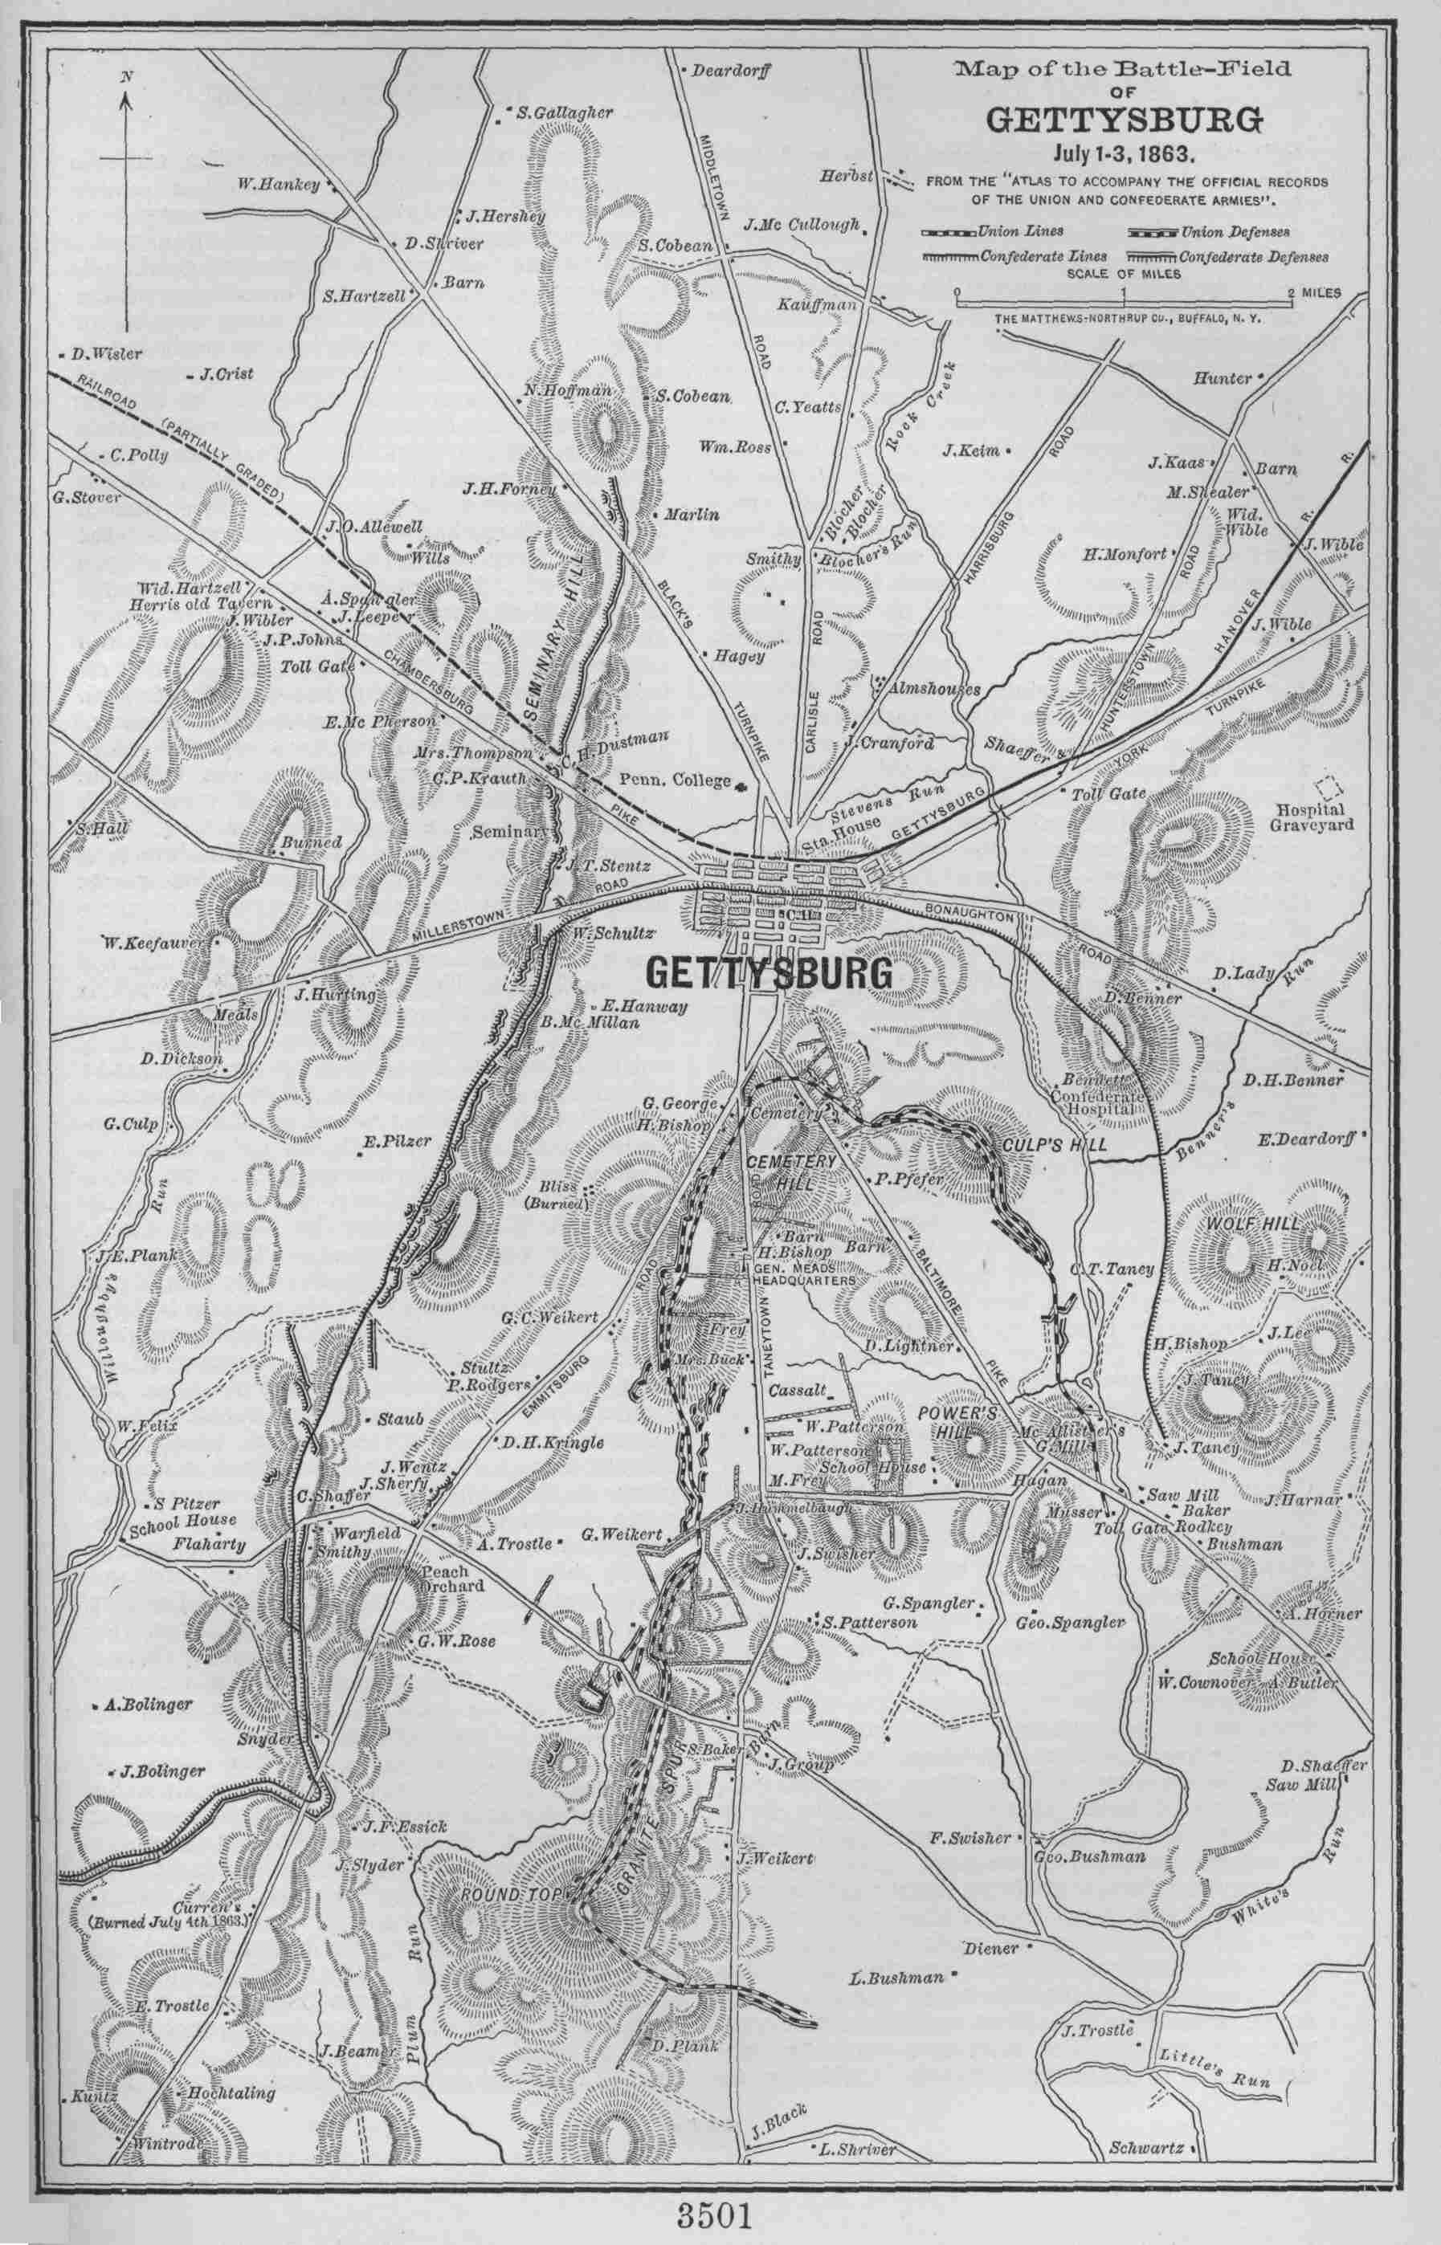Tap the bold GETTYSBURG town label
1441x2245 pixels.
(767, 974)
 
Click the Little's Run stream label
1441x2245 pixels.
(1212, 2057)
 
